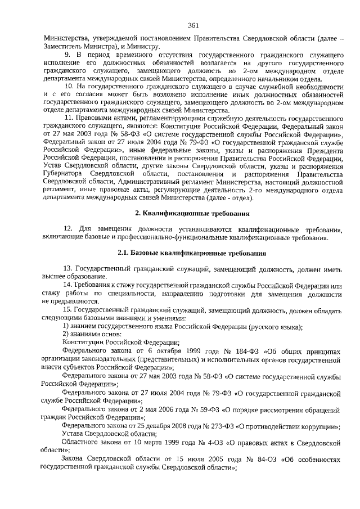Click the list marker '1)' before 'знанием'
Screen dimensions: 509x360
coord(66,326)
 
